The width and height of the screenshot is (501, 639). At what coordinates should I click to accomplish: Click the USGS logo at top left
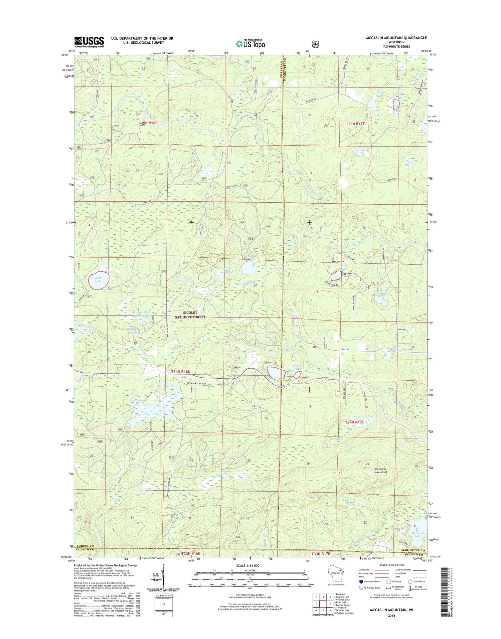point(89,42)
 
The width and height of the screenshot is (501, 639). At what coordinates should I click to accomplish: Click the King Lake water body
point(276,372)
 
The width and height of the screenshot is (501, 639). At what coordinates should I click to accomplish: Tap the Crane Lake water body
point(336,276)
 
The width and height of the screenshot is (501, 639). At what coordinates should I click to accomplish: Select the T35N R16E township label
point(148,123)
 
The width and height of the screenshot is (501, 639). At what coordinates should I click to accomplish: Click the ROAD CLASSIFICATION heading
point(392,565)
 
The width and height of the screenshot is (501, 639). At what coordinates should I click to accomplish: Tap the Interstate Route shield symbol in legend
point(361,582)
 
